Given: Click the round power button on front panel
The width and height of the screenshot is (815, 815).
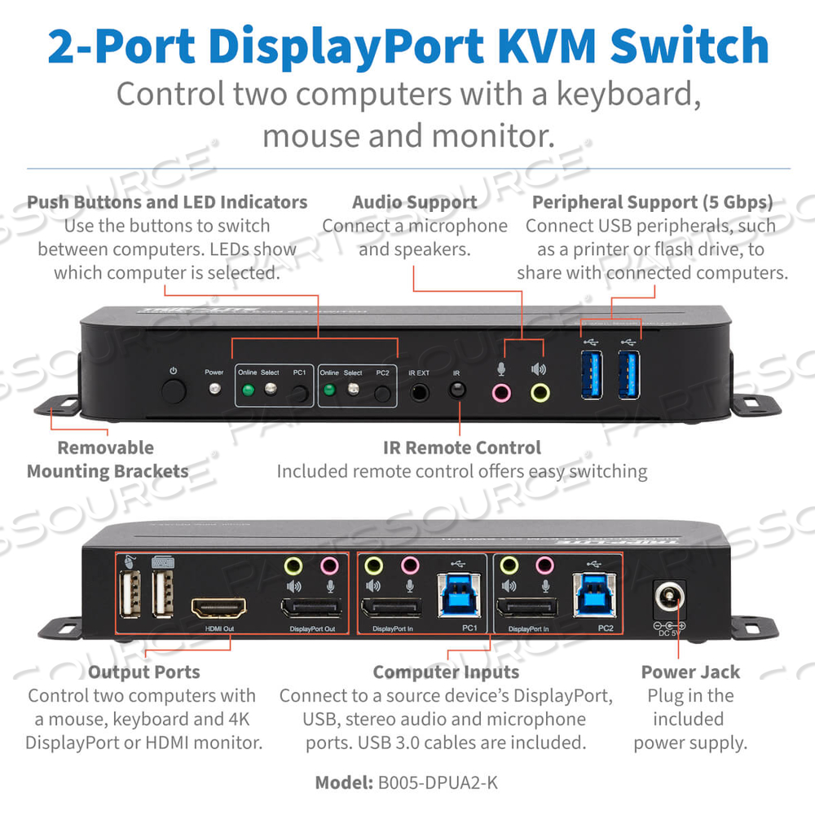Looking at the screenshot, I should [173, 392].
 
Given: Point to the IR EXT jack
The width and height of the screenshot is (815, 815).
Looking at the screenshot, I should [419, 392].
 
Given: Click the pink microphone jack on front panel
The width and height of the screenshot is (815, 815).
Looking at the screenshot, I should [501, 393].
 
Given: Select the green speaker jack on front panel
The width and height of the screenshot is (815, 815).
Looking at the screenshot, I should [539, 393].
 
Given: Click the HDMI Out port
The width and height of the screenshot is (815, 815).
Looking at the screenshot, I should [219, 608].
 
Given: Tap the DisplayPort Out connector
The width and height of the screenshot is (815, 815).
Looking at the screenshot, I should [311, 608].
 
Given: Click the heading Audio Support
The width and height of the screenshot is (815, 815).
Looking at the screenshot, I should [415, 202].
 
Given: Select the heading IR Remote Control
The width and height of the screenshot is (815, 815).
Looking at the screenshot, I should [461, 447].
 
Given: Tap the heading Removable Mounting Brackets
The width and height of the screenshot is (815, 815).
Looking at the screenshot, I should [108, 459].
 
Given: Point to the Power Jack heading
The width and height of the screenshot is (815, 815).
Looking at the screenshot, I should [690, 672].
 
